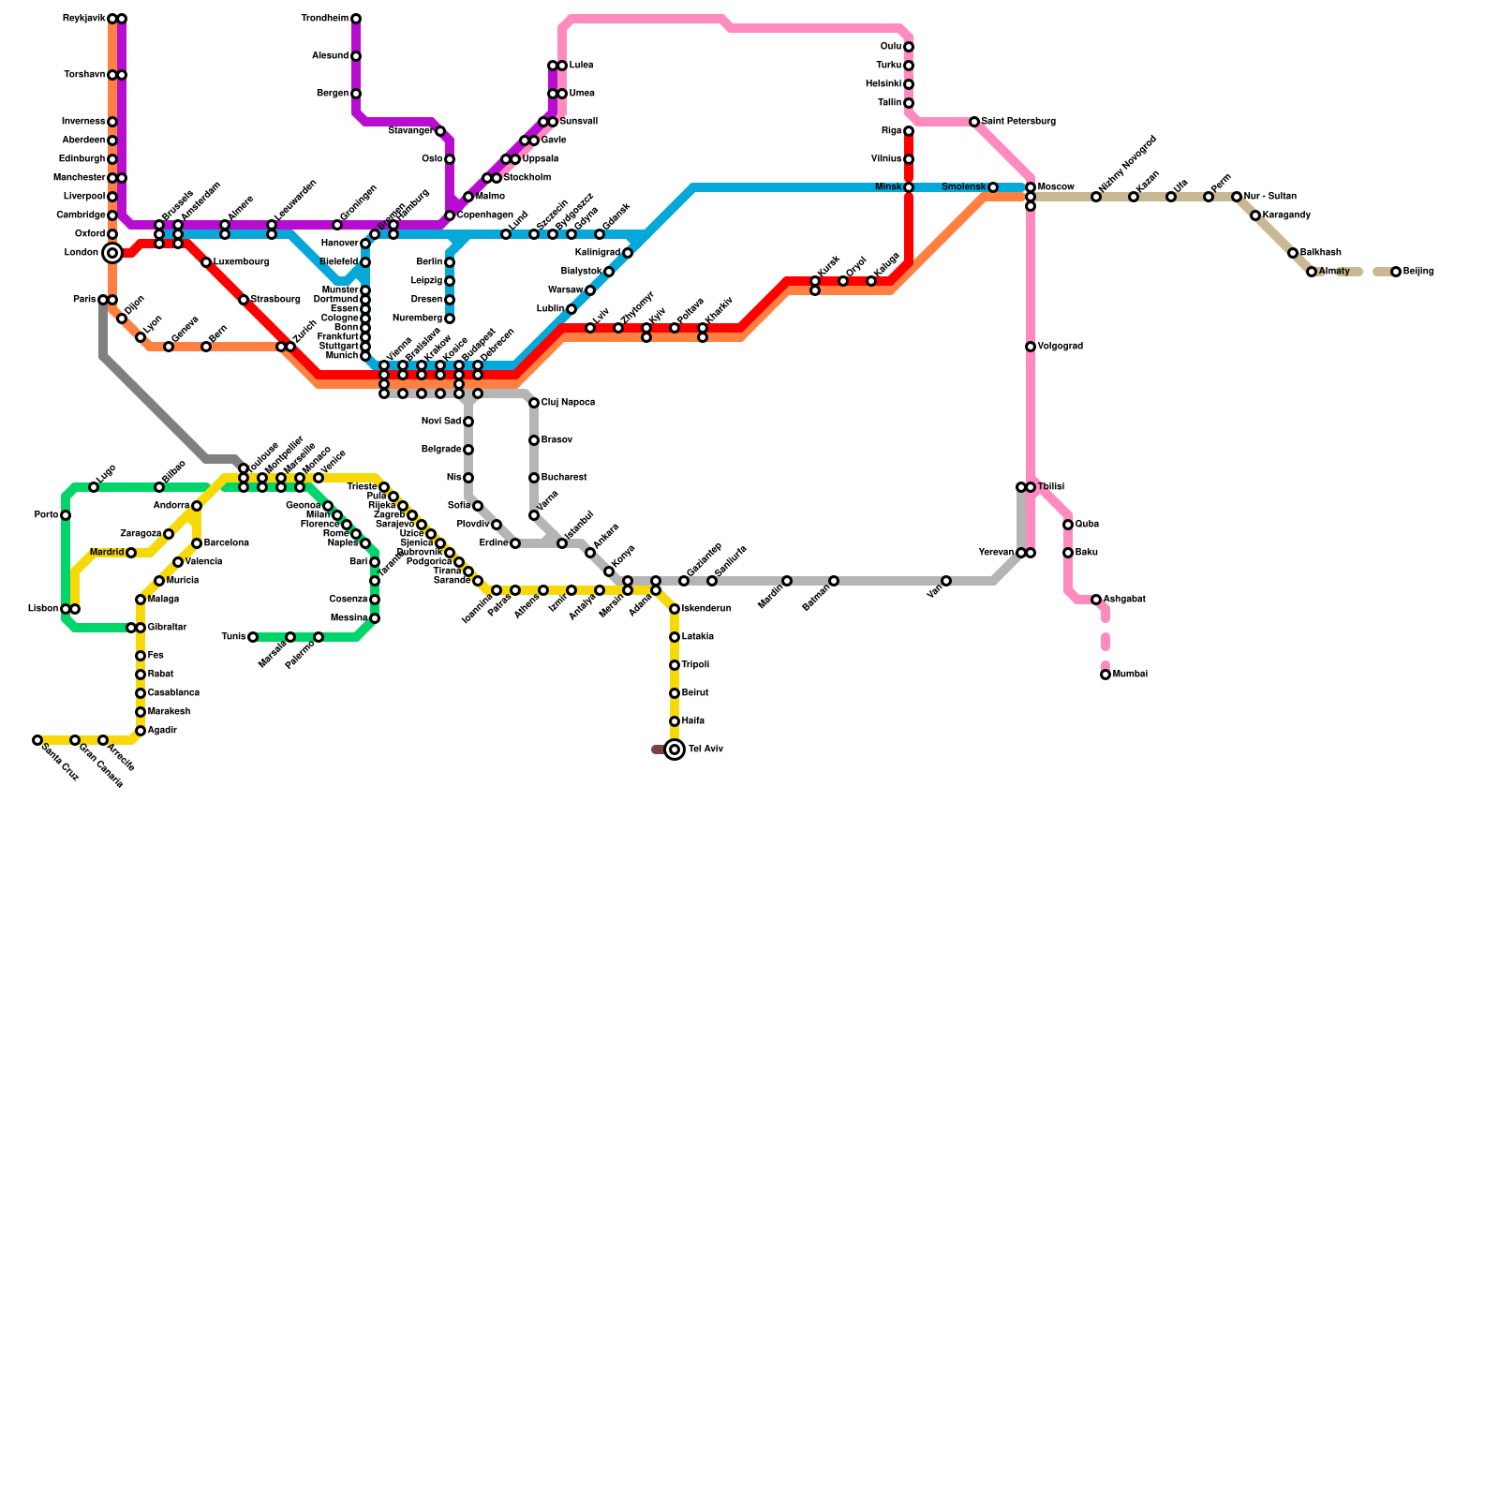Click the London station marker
[x=112, y=253]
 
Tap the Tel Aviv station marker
[x=675, y=749]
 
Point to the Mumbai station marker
[x=1106, y=675]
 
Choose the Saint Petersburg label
[x=1018, y=122]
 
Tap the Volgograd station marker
[x=1031, y=347]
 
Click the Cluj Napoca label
[x=568, y=403]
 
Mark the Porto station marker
[x=66, y=515]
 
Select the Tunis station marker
[x=253, y=637]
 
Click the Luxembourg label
[x=241, y=262]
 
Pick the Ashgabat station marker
[x=1096, y=600]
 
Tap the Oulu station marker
[x=909, y=47]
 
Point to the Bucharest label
[x=564, y=478]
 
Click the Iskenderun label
[x=706, y=609]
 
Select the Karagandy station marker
[x=1255, y=215]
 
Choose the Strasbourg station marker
[x=244, y=300]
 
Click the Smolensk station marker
[x=993, y=187]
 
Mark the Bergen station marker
[x=356, y=94]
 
